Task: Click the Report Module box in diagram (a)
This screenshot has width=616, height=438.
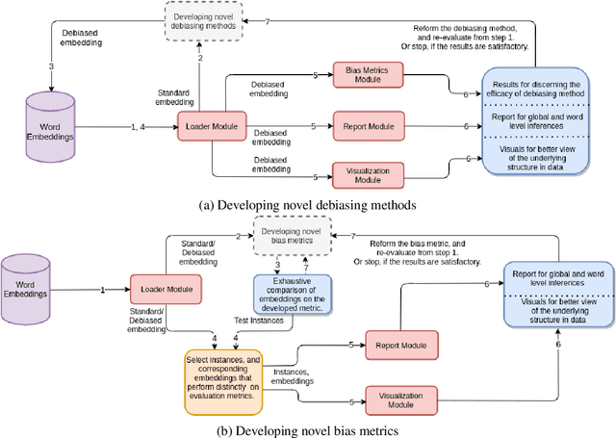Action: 365,126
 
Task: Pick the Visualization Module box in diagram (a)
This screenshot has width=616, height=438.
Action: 365,174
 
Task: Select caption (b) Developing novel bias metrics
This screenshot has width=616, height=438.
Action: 308,428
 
